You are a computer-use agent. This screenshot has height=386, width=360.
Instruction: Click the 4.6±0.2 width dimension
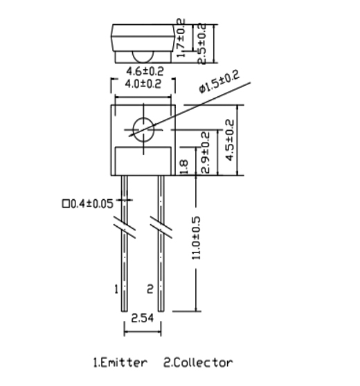click(x=145, y=71)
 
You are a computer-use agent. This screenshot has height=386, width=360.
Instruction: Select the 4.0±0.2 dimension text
click(x=143, y=84)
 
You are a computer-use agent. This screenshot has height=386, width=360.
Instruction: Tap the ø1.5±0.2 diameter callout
click(x=219, y=82)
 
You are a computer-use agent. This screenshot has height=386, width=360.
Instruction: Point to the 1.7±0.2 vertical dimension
click(x=181, y=38)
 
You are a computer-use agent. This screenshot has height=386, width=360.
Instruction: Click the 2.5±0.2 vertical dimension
click(x=201, y=44)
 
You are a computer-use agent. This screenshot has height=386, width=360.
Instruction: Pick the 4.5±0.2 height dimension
click(x=230, y=140)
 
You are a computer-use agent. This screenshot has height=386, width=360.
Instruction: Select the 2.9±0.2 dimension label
click(x=205, y=153)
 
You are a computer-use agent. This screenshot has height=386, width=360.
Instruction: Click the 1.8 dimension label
click(x=184, y=167)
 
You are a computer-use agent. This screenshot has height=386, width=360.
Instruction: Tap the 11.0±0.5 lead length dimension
click(x=196, y=238)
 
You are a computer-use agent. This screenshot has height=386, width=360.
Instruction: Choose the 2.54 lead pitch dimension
click(x=143, y=318)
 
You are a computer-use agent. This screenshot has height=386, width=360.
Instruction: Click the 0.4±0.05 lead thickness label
click(x=92, y=204)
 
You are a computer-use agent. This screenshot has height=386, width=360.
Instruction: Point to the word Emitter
click(x=124, y=362)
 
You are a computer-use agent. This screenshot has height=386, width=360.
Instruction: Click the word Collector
click(x=201, y=362)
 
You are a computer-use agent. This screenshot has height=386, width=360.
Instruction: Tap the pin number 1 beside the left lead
click(x=116, y=289)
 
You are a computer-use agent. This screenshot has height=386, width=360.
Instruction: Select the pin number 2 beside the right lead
click(x=150, y=289)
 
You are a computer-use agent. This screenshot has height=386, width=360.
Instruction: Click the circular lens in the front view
click(x=143, y=130)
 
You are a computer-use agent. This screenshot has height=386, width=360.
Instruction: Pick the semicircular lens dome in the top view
click(x=143, y=57)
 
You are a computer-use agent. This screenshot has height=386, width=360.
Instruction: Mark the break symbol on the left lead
click(x=125, y=227)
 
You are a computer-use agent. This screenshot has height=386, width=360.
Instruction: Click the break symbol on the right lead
click(x=161, y=227)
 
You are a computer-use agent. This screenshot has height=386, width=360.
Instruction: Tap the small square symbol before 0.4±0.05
click(x=66, y=204)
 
